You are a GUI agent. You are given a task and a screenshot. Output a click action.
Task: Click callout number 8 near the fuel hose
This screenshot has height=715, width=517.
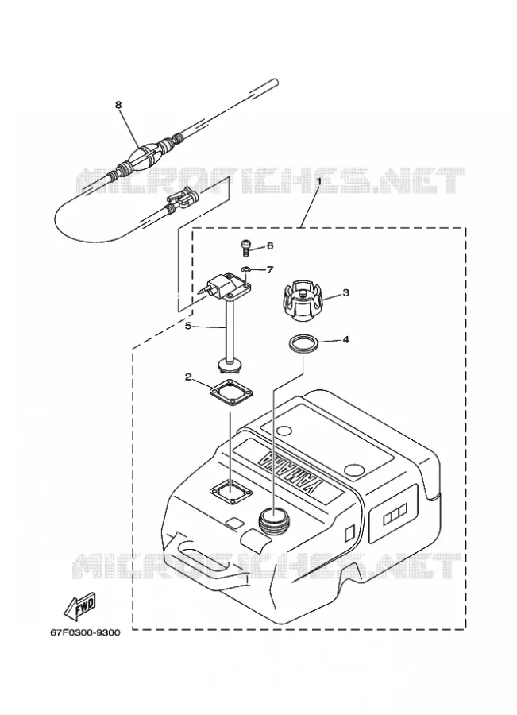[118, 105]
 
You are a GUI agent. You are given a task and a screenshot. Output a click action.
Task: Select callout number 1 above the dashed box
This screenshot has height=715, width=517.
[319, 181]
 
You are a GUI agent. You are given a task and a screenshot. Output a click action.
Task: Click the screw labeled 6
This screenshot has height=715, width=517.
[245, 247]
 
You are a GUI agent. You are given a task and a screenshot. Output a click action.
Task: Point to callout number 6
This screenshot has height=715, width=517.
[270, 245]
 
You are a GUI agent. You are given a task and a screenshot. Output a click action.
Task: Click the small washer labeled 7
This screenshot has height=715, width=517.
[245, 270]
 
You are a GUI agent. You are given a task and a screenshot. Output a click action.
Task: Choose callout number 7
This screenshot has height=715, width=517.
[270, 270]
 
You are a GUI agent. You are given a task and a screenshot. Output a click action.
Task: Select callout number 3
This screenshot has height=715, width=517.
[346, 292]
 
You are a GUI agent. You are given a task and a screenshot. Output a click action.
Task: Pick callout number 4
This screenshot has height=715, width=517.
[346, 340]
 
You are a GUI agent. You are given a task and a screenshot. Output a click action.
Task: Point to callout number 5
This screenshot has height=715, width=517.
[188, 326]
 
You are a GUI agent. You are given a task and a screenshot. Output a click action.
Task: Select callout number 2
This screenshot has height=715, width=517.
[188, 377]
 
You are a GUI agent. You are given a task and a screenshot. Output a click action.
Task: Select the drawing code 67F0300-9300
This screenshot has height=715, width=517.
[85, 632]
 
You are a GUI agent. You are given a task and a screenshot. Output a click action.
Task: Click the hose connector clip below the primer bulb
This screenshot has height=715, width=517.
[181, 199]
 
